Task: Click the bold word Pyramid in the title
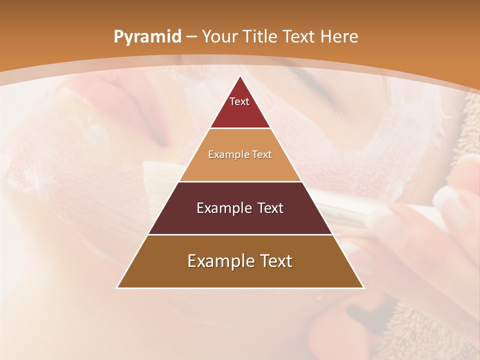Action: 147,36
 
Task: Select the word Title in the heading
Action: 262,36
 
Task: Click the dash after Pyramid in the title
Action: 192,37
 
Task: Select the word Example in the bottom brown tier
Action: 218,261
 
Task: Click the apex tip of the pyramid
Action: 240,76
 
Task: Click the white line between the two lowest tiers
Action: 240,234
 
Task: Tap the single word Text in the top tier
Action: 239,101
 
